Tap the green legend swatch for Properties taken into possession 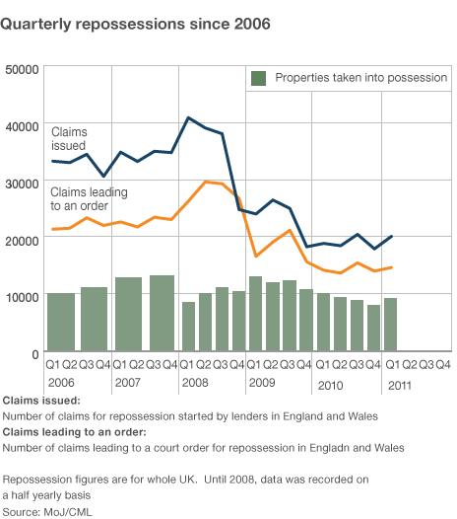(x=258, y=77)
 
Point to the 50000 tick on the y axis (x=22, y=69)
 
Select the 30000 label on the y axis (x=22, y=183)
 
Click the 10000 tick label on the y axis (x=22, y=296)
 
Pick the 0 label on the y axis (x=34, y=352)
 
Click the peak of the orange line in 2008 (x=205, y=182)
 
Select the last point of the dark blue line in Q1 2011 (x=391, y=237)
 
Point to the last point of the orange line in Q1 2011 (x=391, y=267)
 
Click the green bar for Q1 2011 (x=391, y=325)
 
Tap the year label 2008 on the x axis (x=194, y=381)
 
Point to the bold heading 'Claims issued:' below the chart (x=41, y=401)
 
